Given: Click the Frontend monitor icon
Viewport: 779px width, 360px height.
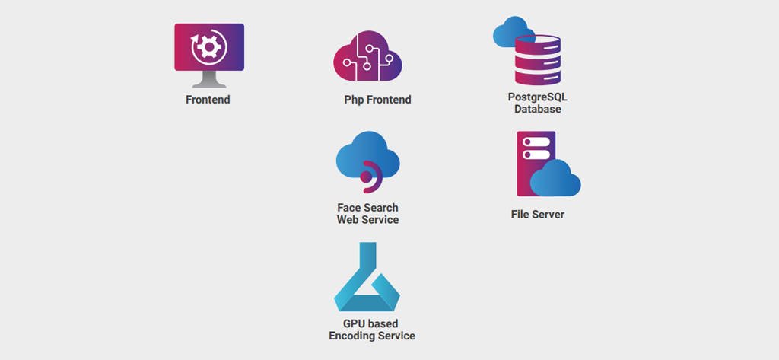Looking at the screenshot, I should tap(208, 50).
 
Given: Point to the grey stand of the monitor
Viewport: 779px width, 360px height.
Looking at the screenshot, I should tap(208, 79).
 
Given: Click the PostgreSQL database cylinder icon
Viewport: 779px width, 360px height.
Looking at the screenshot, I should tap(538, 59).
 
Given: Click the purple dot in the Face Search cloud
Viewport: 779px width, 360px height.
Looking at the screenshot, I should tap(366, 177).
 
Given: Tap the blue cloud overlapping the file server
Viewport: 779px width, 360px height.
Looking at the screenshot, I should tap(555, 180).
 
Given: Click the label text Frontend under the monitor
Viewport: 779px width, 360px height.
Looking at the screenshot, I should tap(208, 100).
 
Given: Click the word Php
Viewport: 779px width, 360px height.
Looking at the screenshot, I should tap(354, 100).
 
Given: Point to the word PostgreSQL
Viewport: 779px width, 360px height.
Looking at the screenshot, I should tap(538, 97).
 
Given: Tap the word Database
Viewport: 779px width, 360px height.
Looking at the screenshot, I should tap(538, 110).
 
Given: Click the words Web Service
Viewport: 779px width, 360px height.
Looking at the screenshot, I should tap(367, 220).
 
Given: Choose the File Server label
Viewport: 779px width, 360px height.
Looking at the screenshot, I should tap(538, 215).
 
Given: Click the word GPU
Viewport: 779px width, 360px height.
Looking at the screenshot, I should tap(355, 324).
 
